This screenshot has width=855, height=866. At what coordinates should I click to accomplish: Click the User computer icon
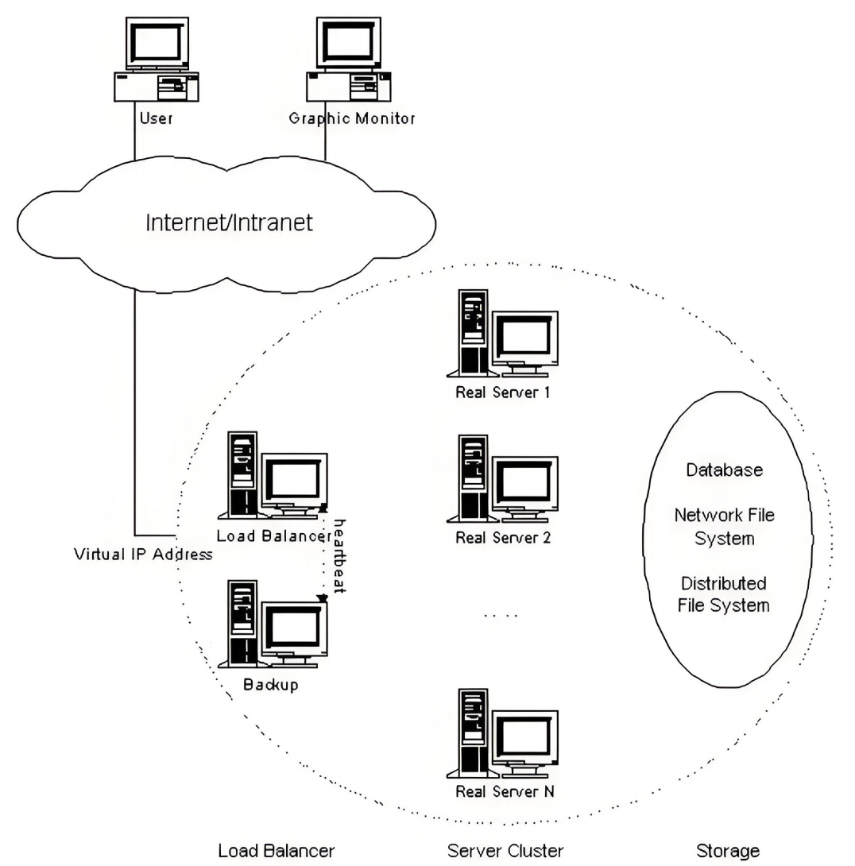point(157,59)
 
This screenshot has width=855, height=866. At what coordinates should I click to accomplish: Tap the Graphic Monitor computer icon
point(349,59)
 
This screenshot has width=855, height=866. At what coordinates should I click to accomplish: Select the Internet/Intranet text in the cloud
point(229,222)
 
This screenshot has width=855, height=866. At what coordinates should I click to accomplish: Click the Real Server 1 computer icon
point(503,334)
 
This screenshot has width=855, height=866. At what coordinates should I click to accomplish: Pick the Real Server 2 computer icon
point(503,479)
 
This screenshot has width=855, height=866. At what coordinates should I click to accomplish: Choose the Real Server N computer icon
point(503,733)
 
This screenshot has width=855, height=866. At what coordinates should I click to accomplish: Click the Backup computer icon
point(273,624)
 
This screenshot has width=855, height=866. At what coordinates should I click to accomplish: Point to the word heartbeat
point(339,556)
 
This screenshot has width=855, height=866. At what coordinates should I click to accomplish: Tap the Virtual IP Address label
point(143,554)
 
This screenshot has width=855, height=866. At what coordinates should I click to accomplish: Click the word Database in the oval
point(724,470)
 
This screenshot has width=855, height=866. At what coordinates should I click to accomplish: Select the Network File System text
point(724,526)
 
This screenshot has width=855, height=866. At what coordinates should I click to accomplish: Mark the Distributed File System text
point(724,594)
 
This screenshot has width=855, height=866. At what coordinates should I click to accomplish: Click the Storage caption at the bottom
point(728,851)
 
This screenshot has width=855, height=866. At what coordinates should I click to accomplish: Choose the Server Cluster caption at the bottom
point(505,851)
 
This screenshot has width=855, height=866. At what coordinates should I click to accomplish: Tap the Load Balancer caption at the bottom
point(277,851)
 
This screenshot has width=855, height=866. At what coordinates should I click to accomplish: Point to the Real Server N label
point(505,791)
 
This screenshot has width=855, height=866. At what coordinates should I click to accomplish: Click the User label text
point(157,118)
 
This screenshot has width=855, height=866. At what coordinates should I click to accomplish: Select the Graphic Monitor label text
point(352,118)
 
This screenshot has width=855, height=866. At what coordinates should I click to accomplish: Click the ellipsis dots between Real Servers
point(501,615)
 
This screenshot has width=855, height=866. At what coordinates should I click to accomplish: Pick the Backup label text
point(271,685)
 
